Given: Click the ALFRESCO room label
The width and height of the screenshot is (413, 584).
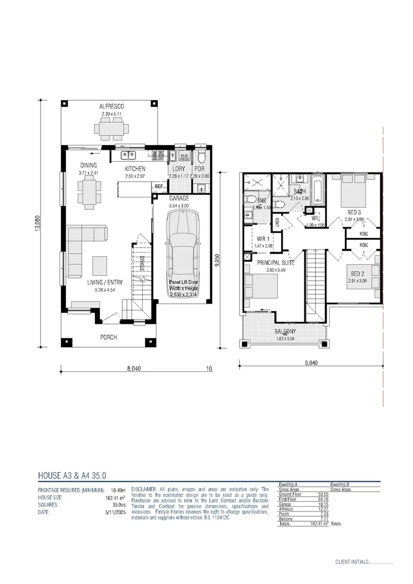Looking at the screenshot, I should coord(112,107).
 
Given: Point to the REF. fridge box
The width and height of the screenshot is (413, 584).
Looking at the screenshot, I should coord(159,187).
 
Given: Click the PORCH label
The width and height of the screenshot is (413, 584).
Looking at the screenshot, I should coord(109,337).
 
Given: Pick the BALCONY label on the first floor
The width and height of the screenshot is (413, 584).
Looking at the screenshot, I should coord(285,331).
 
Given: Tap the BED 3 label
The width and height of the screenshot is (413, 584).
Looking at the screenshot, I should coord(354,212).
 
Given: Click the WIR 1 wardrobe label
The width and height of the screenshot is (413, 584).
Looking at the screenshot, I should coord(264,238).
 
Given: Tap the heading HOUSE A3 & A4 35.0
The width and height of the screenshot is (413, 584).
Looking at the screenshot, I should coord(72,476).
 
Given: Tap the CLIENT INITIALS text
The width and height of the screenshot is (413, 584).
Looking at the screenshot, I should coord(351,562).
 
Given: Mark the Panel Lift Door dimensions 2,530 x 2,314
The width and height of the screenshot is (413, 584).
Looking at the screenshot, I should coord(183,295).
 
